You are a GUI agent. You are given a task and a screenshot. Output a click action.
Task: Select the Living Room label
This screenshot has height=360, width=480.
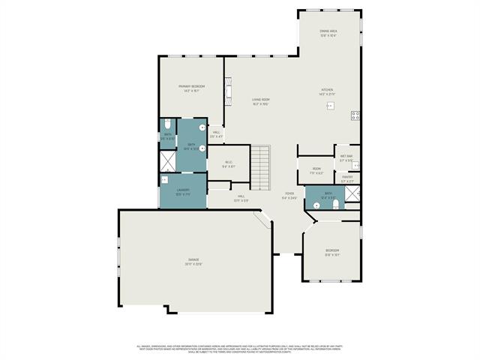click(260, 101)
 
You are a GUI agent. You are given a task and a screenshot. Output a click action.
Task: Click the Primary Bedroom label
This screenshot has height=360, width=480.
click(192, 88)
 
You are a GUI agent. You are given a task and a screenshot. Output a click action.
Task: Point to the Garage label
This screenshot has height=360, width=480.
click(193, 262)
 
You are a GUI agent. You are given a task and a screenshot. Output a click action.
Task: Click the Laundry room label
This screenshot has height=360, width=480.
click(183, 192)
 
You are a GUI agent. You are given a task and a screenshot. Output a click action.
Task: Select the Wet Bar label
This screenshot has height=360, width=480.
click(346, 158)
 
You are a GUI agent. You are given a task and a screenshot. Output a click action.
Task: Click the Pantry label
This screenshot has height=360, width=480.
click(347, 178)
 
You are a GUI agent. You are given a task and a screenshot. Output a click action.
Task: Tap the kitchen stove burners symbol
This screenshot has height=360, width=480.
click(355, 115)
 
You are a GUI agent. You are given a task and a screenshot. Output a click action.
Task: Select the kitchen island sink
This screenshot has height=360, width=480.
click(328, 106)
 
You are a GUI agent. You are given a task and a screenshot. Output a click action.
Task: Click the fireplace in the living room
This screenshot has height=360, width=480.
click(226, 92)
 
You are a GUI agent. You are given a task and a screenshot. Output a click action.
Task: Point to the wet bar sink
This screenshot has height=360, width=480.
click(355, 166)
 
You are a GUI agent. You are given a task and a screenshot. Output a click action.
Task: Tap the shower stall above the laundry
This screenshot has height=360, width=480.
click(166, 160)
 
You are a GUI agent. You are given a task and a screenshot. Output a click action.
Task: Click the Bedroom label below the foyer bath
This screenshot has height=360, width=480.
click(331, 252)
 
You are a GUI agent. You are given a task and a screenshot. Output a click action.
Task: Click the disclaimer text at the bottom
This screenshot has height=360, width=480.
click(240, 349)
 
